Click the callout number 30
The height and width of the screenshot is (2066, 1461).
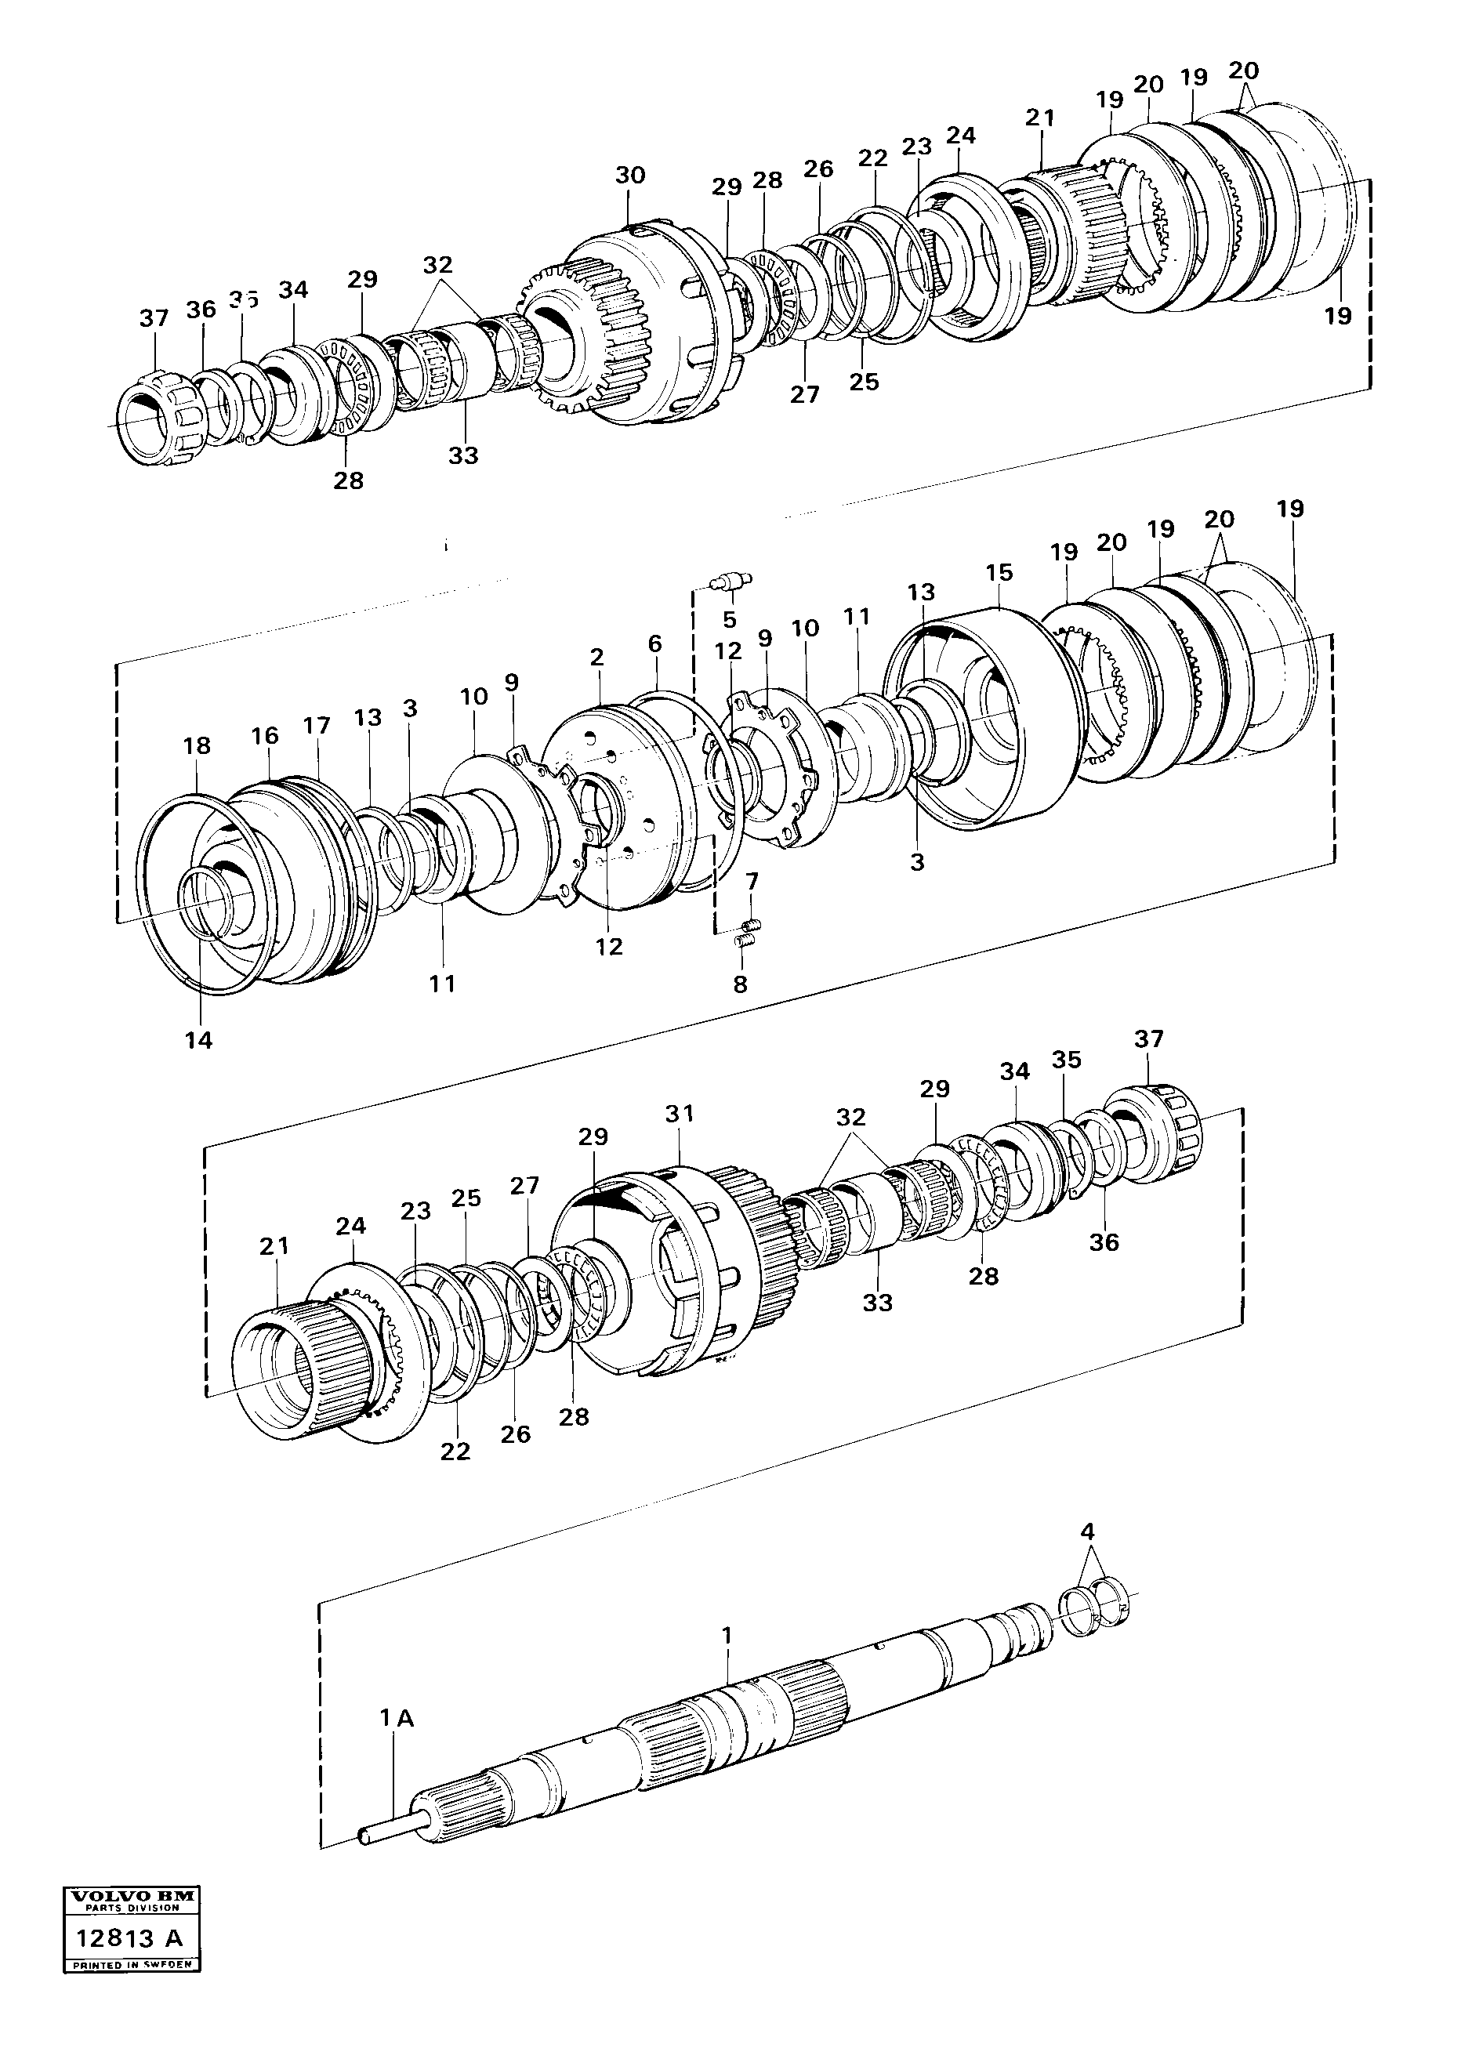629,175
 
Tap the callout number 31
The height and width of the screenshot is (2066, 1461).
680,1113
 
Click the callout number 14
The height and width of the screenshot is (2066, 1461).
198,1040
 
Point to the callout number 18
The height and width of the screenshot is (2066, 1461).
196,745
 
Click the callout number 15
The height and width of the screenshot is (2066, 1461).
999,572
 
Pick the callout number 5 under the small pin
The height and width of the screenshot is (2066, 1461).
729,620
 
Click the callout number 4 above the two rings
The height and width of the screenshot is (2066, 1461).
1088,1531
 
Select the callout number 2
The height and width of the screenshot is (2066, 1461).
596,657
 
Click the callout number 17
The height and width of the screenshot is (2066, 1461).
317,725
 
